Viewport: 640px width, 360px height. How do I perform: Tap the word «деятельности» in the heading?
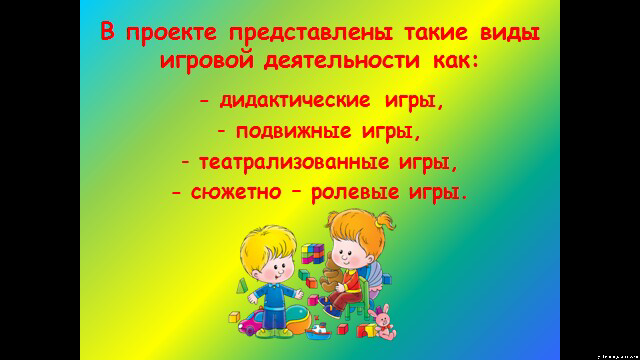342,62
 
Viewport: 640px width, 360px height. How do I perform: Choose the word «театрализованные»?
294,162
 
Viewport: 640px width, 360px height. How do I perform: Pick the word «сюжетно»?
236,193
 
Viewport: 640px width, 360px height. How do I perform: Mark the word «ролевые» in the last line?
355,193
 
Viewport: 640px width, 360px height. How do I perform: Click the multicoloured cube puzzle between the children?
313,254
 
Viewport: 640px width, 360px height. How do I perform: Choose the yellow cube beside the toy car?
234,317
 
